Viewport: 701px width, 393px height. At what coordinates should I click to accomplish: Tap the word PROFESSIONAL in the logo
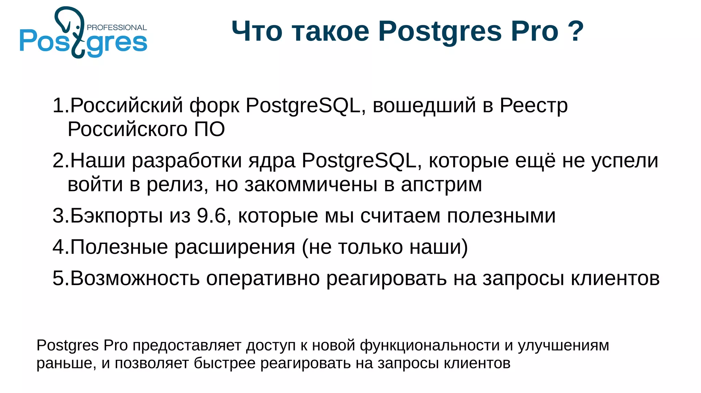[117, 28]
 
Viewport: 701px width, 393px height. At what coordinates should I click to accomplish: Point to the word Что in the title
[257, 31]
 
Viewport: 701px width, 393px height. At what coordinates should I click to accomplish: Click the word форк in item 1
[214, 106]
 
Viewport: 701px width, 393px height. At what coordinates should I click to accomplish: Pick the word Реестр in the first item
[533, 106]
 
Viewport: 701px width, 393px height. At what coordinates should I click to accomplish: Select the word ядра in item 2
[272, 161]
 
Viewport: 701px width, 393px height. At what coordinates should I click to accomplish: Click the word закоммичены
[311, 185]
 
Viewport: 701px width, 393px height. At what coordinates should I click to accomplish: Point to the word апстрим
[441, 185]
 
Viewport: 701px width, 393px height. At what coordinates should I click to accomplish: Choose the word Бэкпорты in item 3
[116, 216]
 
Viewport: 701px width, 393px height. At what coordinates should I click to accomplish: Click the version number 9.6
[212, 216]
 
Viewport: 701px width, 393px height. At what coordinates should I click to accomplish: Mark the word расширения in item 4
[235, 247]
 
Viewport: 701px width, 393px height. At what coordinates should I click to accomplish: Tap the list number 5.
[58, 278]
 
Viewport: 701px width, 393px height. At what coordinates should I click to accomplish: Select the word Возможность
[135, 278]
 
